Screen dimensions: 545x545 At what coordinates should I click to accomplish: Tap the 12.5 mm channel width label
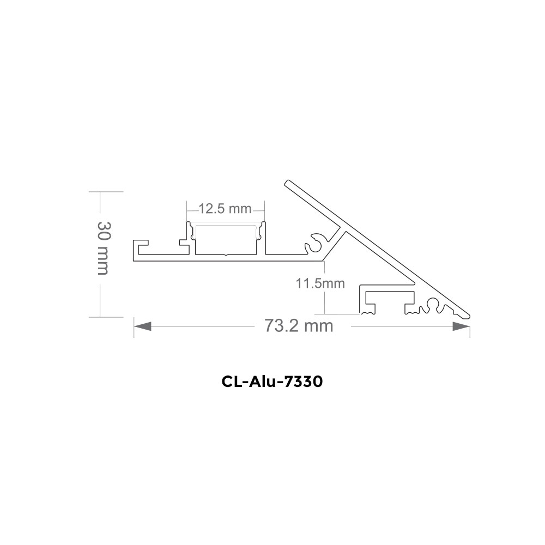225,209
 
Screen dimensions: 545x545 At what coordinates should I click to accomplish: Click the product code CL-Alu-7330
272,381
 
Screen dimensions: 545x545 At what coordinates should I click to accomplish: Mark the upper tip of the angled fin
287,183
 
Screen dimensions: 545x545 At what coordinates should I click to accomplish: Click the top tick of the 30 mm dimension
99,192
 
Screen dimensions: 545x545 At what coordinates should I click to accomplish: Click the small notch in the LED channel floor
226,254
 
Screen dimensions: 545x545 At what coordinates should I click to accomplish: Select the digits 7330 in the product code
305,381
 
